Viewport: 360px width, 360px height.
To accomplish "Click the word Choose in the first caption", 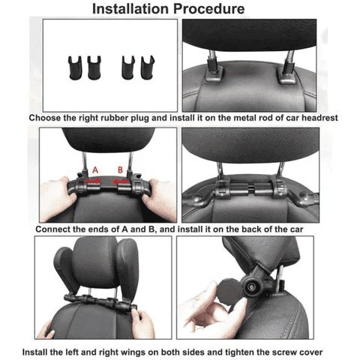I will tap(46, 118).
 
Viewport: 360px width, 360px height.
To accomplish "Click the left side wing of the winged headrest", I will tap(68, 271).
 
